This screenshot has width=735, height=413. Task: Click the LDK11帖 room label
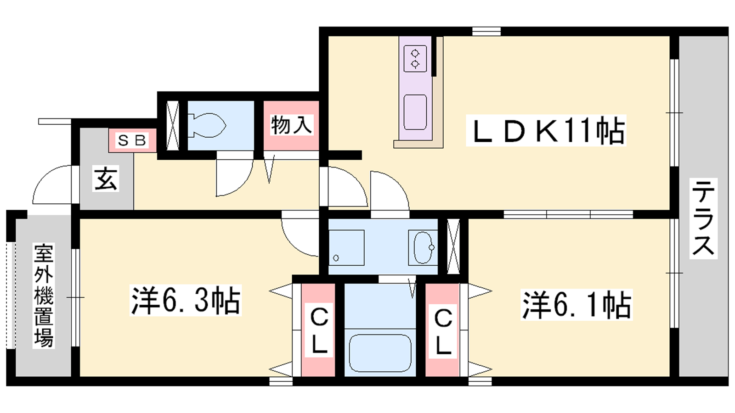(546, 130)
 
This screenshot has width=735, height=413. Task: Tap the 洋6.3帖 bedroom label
(186, 300)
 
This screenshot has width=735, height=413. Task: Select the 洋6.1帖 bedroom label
(577, 305)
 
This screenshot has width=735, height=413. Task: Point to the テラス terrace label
(703, 218)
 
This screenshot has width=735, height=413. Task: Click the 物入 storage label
(291, 125)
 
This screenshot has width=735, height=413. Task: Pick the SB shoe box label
(132, 140)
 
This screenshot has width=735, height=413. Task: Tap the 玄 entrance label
(106, 179)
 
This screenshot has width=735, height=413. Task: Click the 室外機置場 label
(44, 296)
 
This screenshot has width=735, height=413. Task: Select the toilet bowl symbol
(207, 125)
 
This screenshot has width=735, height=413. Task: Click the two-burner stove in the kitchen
(415, 58)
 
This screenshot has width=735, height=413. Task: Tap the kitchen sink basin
(415, 112)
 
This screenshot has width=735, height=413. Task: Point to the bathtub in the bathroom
(380, 353)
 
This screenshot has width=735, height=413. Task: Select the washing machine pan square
(346, 247)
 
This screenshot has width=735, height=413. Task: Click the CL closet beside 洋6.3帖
(318, 331)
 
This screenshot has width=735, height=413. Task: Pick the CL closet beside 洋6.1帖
(443, 331)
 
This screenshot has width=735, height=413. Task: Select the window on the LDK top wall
(486, 32)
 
